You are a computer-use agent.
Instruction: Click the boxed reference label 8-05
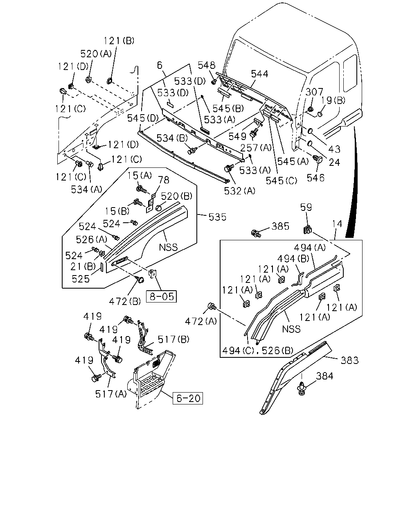click(x=161, y=296)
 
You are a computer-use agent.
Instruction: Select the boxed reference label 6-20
click(x=188, y=398)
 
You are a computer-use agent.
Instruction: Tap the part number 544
click(x=259, y=74)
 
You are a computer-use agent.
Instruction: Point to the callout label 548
click(x=207, y=65)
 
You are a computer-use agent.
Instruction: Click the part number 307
click(x=314, y=92)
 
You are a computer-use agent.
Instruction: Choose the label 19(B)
click(x=333, y=100)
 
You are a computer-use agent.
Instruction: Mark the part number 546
click(x=315, y=178)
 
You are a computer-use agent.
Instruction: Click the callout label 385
click(x=280, y=226)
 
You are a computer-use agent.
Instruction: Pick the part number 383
click(x=349, y=360)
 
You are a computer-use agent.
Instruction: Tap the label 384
click(x=324, y=376)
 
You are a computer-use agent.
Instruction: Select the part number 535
click(x=217, y=217)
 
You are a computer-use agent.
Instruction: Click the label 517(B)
click(x=173, y=339)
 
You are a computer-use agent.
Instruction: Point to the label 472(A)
click(x=201, y=321)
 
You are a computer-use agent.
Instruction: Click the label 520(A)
click(x=96, y=54)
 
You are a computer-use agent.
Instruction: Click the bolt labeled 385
click(x=256, y=233)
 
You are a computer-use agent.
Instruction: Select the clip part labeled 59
click(x=307, y=229)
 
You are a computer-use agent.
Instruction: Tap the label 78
click(x=164, y=180)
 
